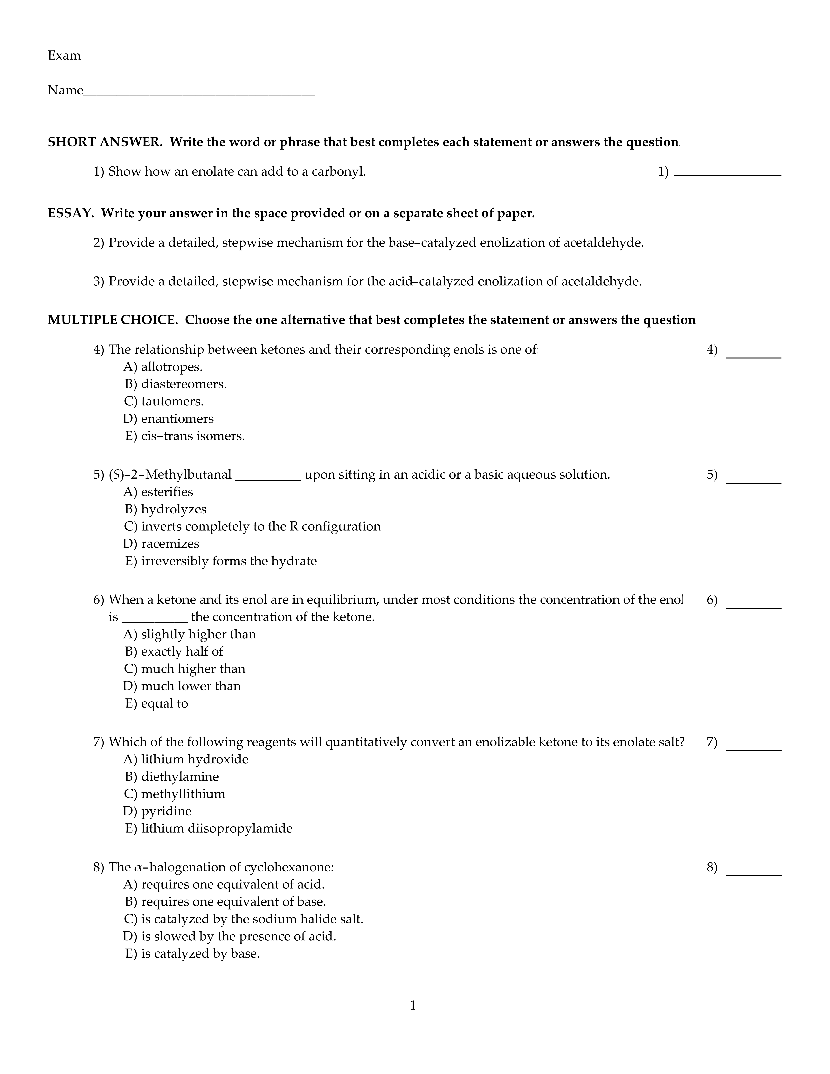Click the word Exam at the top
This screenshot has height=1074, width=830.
(64, 55)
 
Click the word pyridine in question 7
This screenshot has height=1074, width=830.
(166, 811)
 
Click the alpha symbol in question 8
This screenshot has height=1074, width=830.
(138, 867)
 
